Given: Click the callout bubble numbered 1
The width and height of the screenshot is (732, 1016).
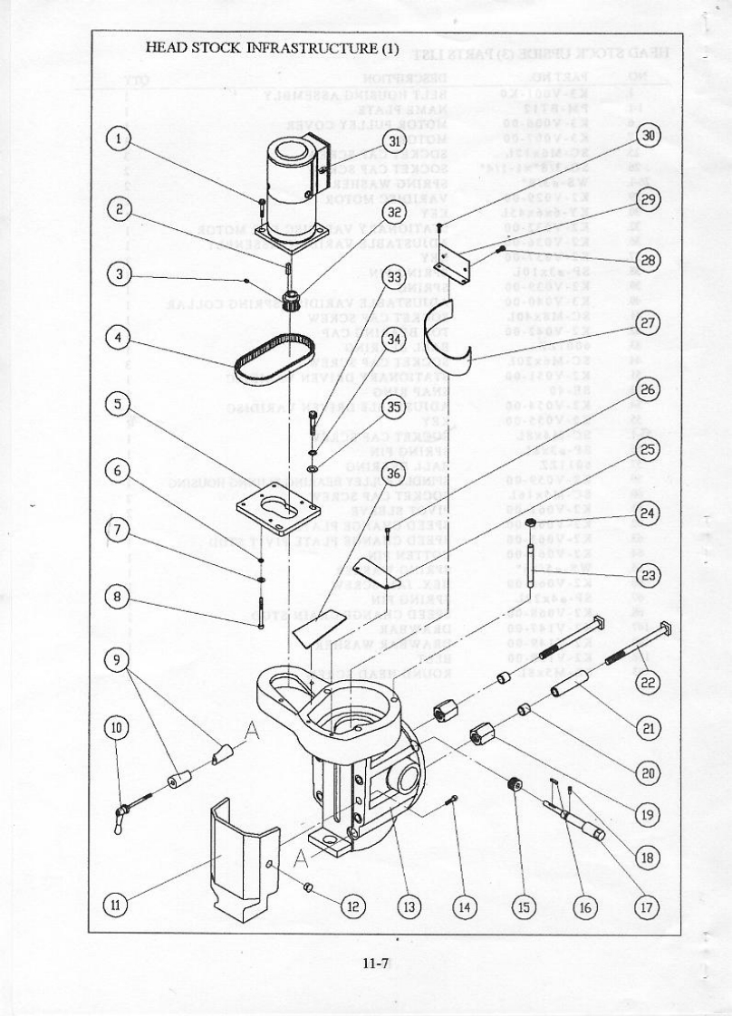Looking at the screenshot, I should tap(119, 139).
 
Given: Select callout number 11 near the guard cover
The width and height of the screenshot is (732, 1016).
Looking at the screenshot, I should tap(118, 902).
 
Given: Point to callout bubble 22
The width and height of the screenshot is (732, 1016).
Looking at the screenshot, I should tap(647, 683).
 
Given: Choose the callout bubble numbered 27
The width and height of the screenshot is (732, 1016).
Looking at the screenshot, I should tap(647, 323).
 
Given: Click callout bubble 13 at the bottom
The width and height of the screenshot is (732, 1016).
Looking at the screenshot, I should tap(409, 903).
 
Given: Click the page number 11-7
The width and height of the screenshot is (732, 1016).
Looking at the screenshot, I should tap(375, 963).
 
